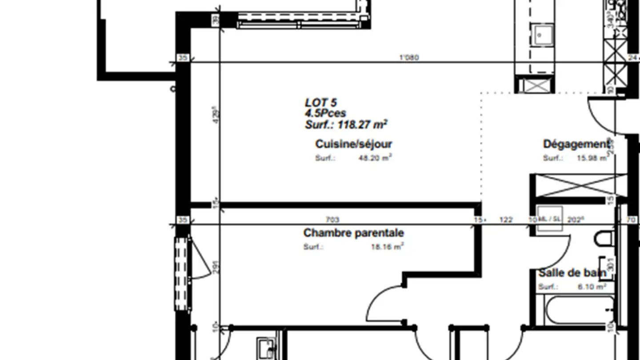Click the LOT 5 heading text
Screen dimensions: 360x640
point(321,102)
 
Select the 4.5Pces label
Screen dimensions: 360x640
point(325,113)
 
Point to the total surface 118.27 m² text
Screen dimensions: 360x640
point(346,125)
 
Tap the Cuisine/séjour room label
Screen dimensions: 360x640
point(353,144)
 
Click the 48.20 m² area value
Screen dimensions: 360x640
point(375,158)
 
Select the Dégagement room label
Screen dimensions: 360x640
point(576,144)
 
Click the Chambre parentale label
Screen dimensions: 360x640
point(353,233)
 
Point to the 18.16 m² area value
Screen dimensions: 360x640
point(387,247)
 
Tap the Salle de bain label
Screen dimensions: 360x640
point(572,273)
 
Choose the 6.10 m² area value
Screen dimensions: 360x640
point(592,287)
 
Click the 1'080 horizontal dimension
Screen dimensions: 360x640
point(409,57)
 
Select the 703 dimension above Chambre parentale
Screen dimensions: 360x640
point(332,220)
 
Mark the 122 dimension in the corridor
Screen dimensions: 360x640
point(506,220)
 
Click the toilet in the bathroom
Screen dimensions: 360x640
point(604,238)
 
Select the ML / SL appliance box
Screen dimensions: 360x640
point(549,219)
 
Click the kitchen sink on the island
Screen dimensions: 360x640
point(544,34)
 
